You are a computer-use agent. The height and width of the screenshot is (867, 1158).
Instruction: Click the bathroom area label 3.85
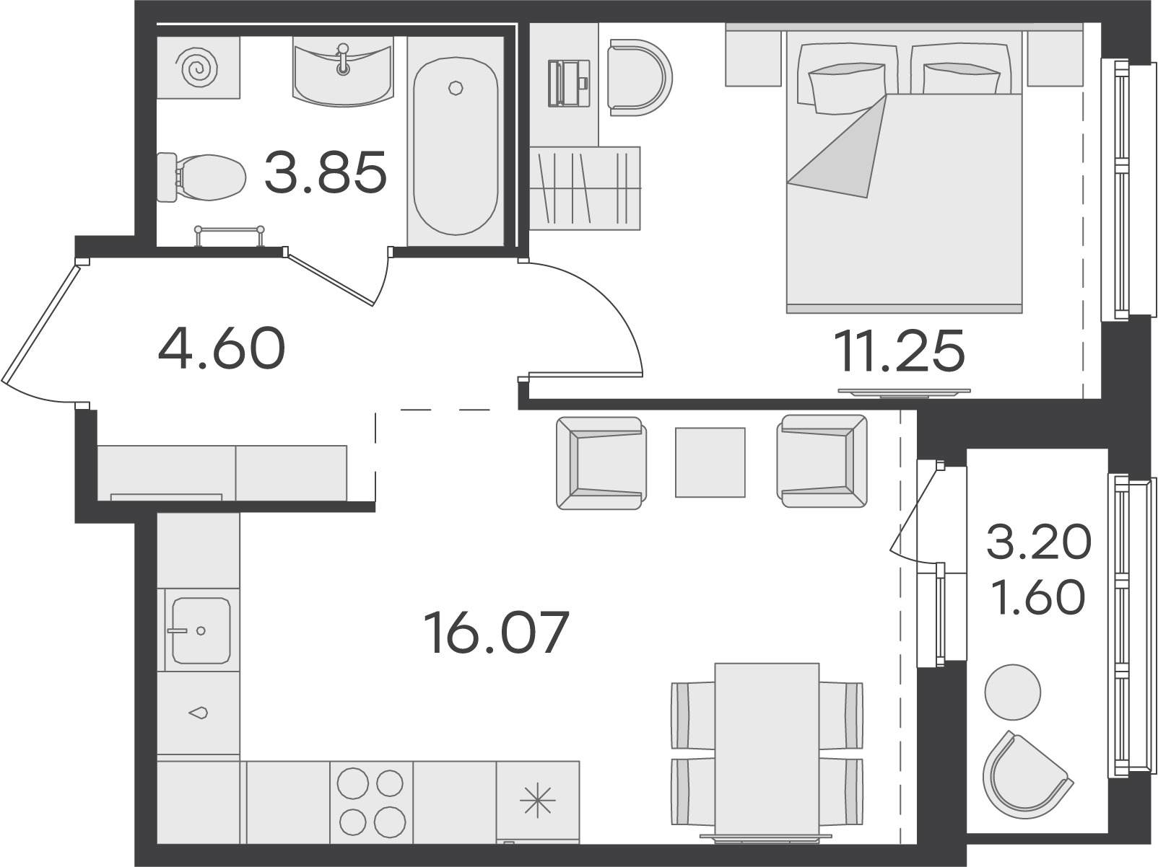point(326,172)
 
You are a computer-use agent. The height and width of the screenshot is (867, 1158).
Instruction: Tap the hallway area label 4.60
point(222,348)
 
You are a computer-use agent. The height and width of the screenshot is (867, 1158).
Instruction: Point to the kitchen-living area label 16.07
point(497,633)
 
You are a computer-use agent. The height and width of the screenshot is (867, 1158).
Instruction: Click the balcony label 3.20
point(1039,541)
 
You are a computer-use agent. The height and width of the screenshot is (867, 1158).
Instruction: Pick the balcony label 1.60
point(1039,597)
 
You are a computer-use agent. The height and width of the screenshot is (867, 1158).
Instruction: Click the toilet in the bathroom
point(201,177)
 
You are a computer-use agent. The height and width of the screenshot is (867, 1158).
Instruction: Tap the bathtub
point(456,146)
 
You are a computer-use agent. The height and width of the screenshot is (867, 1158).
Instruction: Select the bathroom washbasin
point(344,71)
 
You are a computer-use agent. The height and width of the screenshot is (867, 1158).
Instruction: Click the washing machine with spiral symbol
point(199,67)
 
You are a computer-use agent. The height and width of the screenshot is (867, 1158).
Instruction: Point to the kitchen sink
point(201,630)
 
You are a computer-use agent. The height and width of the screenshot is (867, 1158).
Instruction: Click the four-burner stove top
point(371,802)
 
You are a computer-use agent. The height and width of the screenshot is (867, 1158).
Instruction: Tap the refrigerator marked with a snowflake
point(538,802)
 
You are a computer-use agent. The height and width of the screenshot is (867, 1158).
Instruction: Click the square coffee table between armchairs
point(710,462)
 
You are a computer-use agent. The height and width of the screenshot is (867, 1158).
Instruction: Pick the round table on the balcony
point(1012,692)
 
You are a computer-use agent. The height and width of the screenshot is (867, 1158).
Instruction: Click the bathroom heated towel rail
point(229,236)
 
